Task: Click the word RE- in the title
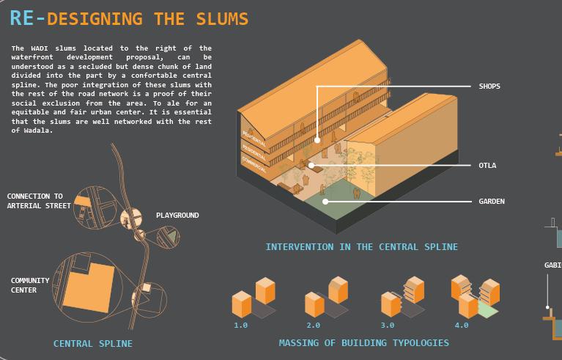click(x=26, y=18)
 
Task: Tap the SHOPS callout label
click(x=489, y=87)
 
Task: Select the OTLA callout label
click(x=487, y=166)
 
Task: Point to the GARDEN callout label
click(x=492, y=202)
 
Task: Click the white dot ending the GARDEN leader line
click(x=325, y=201)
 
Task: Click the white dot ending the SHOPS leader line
click(x=317, y=139)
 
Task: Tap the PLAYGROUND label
click(x=177, y=216)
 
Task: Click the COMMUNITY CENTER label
click(x=30, y=285)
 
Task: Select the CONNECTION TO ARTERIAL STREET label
click(x=39, y=201)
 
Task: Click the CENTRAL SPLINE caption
click(x=93, y=343)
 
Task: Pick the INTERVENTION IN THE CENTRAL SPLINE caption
click(x=361, y=247)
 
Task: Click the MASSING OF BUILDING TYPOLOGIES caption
click(x=363, y=342)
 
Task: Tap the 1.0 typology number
click(x=240, y=325)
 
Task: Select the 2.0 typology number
click(x=314, y=325)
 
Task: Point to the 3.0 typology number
click(x=388, y=325)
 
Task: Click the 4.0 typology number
click(x=461, y=325)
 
